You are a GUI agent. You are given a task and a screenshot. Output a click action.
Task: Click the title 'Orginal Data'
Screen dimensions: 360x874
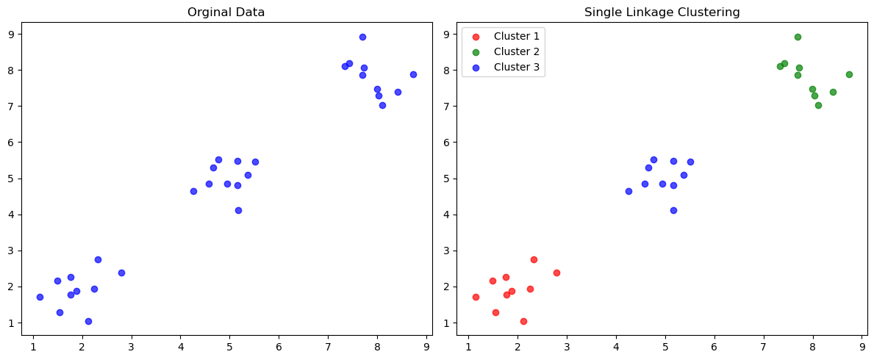pos(226,12)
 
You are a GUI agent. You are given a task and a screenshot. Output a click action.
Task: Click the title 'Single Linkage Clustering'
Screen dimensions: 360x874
pos(662,12)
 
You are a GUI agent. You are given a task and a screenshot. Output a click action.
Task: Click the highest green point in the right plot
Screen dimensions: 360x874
pos(798,37)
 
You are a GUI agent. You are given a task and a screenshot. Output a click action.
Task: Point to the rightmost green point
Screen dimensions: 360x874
pos(849,74)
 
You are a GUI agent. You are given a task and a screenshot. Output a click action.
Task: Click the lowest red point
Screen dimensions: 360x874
pos(523,321)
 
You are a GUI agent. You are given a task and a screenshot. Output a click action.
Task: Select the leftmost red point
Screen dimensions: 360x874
pos(476,297)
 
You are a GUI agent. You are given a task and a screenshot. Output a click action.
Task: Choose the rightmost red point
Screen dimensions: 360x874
pos(556,273)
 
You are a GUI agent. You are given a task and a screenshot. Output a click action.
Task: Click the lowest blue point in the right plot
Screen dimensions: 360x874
pos(673,210)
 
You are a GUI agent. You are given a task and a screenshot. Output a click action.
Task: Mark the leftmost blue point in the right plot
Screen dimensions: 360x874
pos(628,191)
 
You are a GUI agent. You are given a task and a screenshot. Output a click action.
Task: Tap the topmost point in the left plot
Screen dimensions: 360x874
pos(362,37)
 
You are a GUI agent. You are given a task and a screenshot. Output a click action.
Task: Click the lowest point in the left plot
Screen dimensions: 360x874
pos(88,321)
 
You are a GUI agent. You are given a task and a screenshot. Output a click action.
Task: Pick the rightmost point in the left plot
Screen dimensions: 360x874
pos(413,74)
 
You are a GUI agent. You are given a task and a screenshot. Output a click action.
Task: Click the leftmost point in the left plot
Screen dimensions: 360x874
pos(40,297)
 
